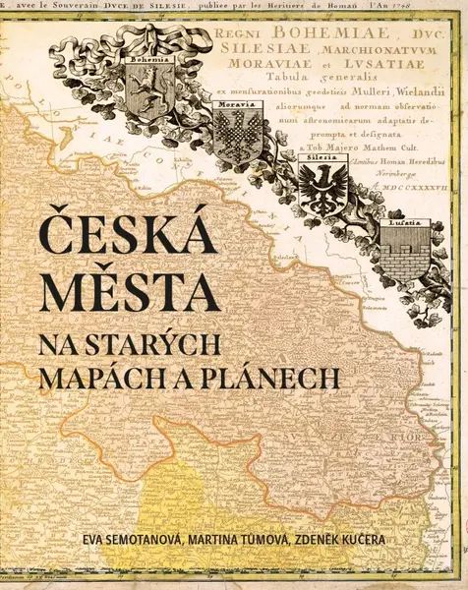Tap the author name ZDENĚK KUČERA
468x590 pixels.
coord(372,539)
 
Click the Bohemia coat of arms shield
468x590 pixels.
coord(147,90)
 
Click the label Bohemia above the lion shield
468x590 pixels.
coord(147,58)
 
